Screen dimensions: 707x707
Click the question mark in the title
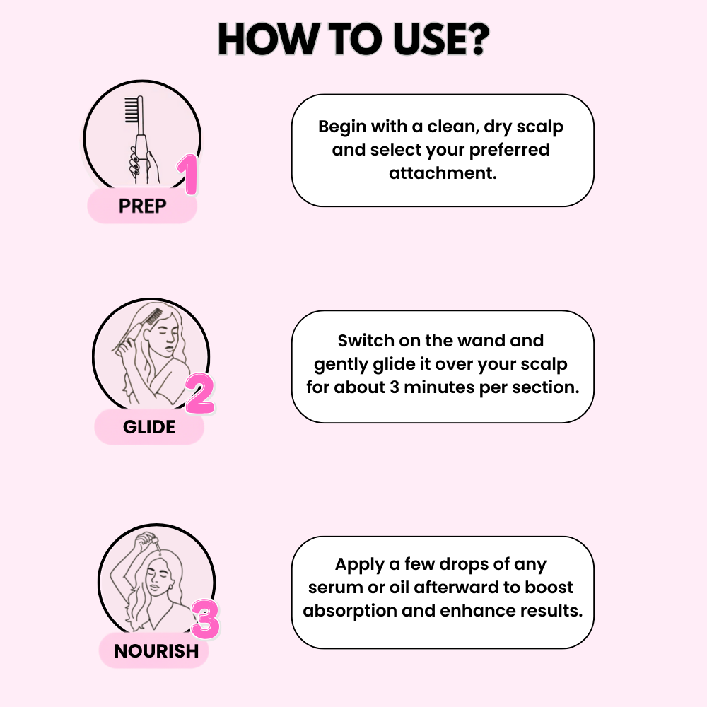472,41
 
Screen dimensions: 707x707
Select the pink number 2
200,395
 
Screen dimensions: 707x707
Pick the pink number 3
205,619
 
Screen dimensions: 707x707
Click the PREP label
142,206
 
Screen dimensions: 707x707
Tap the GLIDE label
149,427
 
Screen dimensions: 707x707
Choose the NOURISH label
156,650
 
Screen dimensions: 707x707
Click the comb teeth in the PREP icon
132,110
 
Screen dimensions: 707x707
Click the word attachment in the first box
443,173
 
